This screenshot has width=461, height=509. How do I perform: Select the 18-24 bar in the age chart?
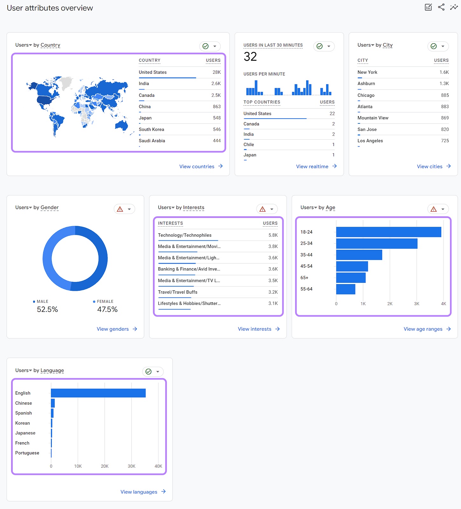click(x=388, y=232)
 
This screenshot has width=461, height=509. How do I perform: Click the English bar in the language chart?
click(x=98, y=393)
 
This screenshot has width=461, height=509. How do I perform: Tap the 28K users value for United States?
click(x=217, y=72)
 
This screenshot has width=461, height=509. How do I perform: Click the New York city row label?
click(x=367, y=72)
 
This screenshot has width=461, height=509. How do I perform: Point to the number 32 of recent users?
click(x=250, y=57)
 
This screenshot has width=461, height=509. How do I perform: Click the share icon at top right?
click(x=441, y=7)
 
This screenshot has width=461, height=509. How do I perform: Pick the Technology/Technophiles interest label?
click(x=184, y=235)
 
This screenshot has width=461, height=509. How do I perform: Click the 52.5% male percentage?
click(x=47, y=309)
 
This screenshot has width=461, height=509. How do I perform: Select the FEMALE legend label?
click(x=105, y=301)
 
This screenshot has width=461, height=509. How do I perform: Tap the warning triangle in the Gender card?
click(x=120, y=209)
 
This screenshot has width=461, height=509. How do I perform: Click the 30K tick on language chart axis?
click(x=131, y=466)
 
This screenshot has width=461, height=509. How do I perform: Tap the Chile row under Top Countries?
click(x=249, y=144)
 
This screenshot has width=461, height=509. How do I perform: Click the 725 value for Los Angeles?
click(x=445, y=141)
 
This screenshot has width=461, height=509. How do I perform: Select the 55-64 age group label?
click(x=306, y=289)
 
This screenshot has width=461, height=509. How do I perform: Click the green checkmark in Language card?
click(x=148, y=372)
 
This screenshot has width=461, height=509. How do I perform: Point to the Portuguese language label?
click(x=27, y=453)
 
